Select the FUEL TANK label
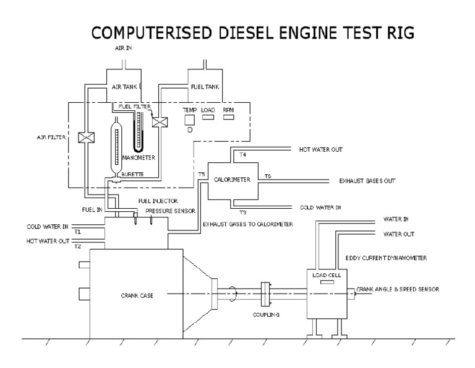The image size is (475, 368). pos(202,88)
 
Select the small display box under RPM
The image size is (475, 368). pos(229,118)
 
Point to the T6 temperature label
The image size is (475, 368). pos(267,176)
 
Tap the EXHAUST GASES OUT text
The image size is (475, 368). pos(367,181)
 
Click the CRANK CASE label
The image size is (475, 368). pos(137,296)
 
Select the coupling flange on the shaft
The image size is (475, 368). pos(266,294)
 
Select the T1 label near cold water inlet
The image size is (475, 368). pos(77,232)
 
